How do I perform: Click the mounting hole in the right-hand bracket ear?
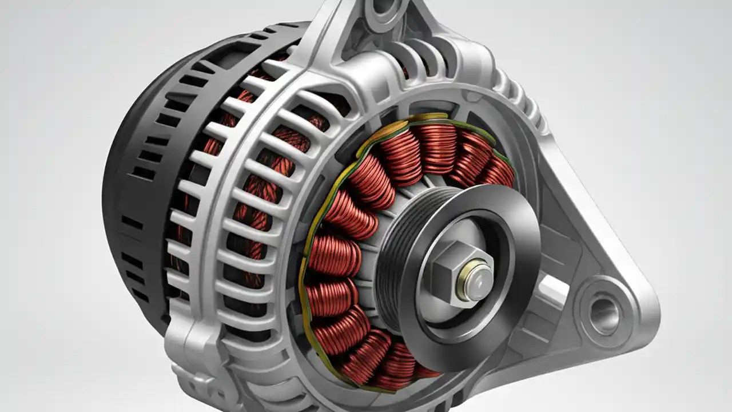click(x=604, y=314)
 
